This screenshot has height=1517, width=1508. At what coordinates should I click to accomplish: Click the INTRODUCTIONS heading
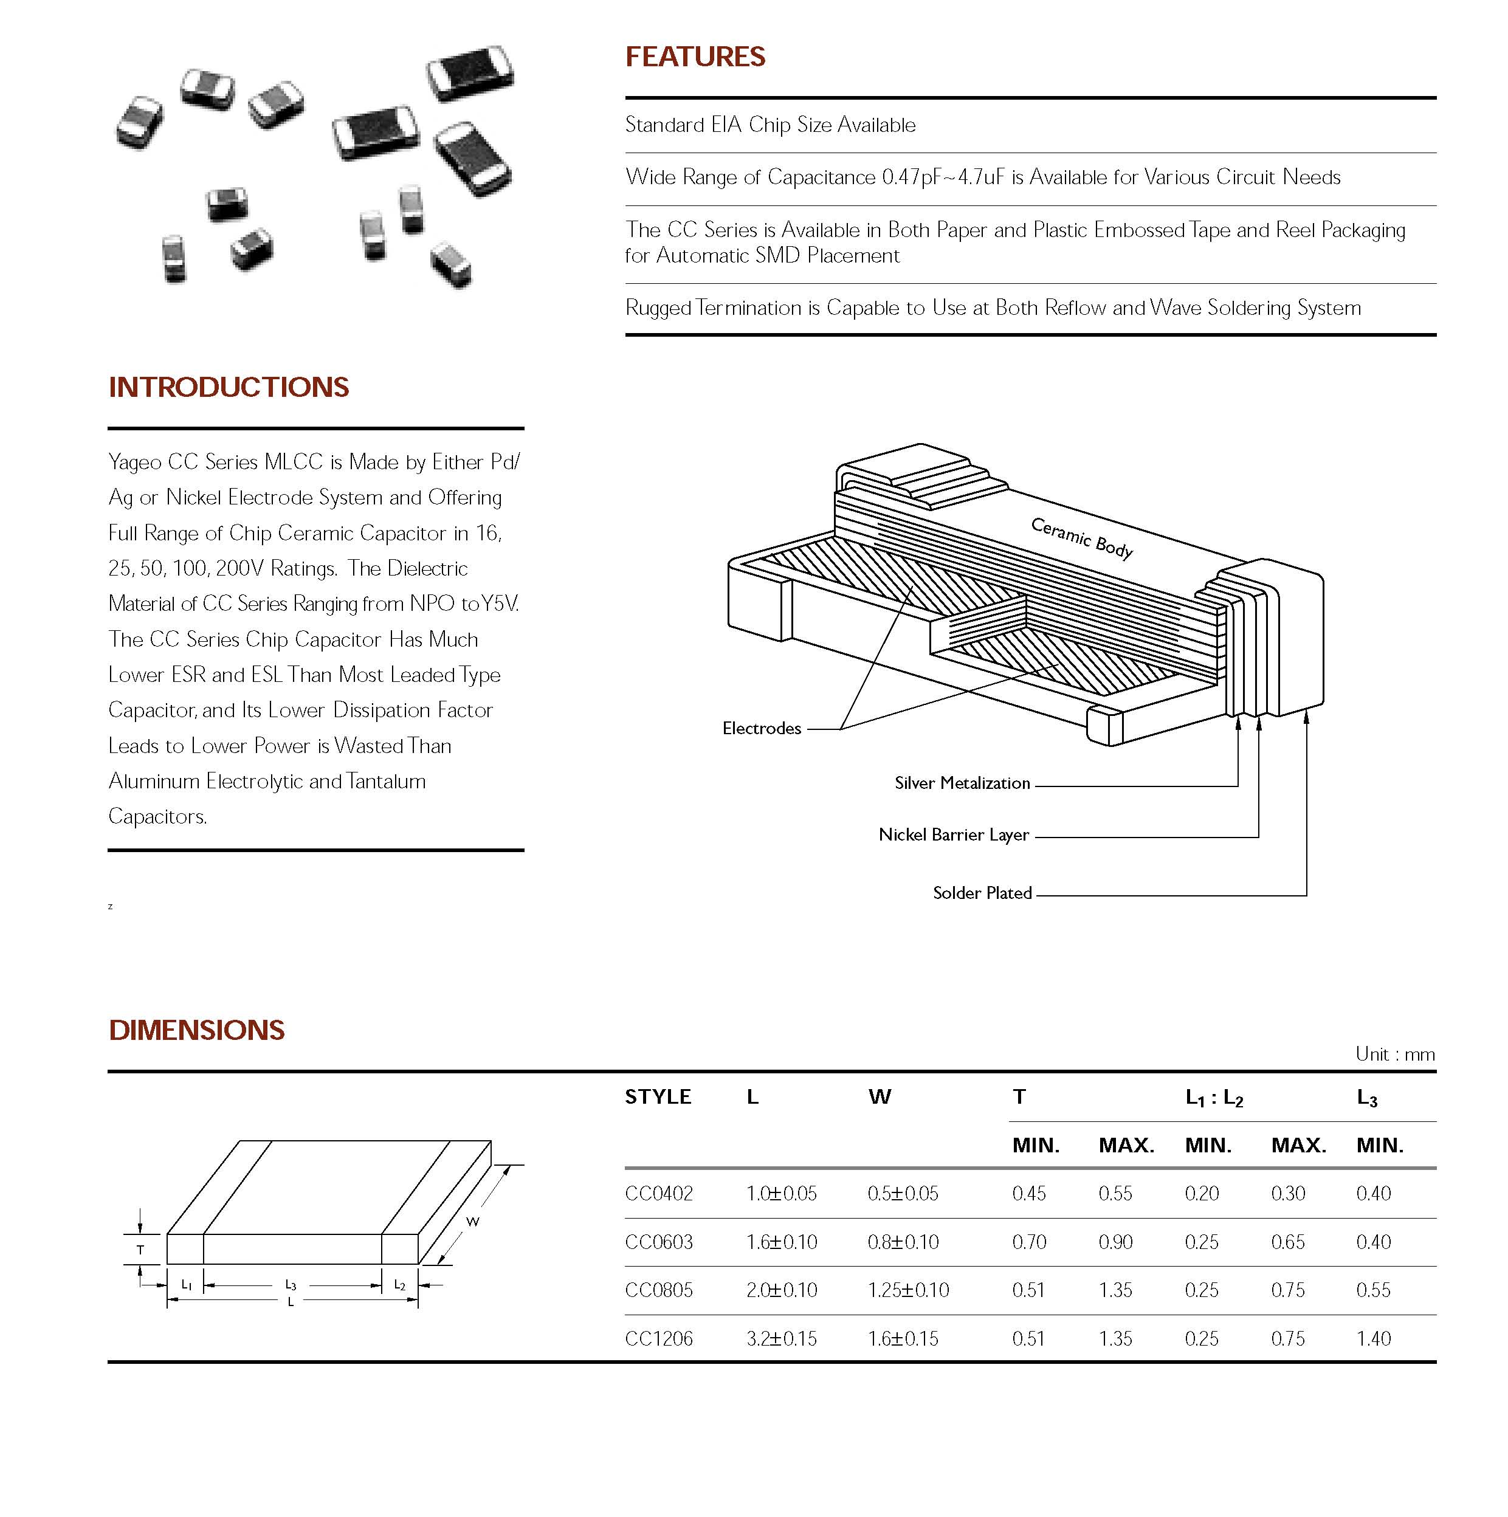pyautogui.click(x=229, y=387)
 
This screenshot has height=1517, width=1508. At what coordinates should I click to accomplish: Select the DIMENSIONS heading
pyautogui.click(x=196, y=1030)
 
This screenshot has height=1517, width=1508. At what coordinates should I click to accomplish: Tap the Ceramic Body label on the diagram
pyautogui.click(x=1081, y=538)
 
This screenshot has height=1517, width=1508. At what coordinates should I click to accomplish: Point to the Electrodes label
pyautogui.click(x=761, y=729)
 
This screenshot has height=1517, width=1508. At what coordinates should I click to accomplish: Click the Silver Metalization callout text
pyautogui.click(x=962, y=783)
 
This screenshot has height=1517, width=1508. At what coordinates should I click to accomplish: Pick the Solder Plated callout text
pyautogui.click(x=982, y=893)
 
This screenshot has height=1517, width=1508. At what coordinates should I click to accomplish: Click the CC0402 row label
pyautogui.click(x=658, y=1194)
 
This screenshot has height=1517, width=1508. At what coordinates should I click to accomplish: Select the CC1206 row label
pyautogui.click(x=658, y=1339)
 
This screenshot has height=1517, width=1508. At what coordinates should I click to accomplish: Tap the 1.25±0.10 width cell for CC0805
pyautogui.click(x=908, y=1290)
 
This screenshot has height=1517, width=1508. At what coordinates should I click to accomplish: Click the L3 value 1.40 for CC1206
pyautogui.click(x=1373, y=1339)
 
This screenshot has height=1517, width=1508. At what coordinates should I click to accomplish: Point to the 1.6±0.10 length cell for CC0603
pyautogui.click(x=782, y=1242)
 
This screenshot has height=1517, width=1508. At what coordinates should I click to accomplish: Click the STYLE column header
pyautogui.click(x=658, y=1097)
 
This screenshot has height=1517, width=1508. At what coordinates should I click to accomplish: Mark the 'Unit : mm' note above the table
pyautogui.click(x=1395, y=1054)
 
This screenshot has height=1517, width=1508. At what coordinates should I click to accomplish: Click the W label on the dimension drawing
pyautogui.click(x=472, y=1221)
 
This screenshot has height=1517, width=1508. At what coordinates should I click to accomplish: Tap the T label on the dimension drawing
pyautogui.click(x=140, y=1249)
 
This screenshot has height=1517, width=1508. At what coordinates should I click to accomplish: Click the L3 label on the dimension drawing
pyautogui.click(x=291, y=1285)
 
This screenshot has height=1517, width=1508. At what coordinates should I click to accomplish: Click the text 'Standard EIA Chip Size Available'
pyautogui.click(x=769, y=125)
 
